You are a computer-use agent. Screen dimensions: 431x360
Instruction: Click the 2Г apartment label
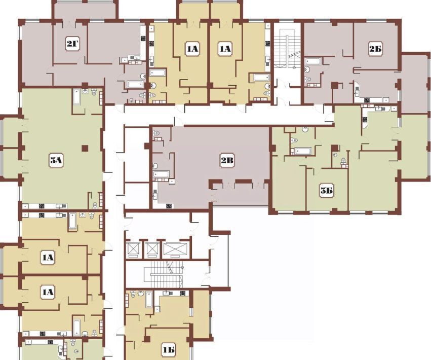72,43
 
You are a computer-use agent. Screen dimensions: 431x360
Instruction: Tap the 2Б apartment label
375,49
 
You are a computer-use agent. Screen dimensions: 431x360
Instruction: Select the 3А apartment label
56,160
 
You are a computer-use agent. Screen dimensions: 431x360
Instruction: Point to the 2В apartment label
227,160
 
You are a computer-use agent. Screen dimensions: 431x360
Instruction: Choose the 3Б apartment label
327,191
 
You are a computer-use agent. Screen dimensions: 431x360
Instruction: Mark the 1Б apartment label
168,350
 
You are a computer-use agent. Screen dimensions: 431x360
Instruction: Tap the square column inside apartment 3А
85,149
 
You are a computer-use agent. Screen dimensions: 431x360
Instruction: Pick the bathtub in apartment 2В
162,174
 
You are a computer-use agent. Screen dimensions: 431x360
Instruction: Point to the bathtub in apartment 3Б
303,151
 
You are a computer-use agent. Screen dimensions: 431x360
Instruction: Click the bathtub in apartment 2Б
312,61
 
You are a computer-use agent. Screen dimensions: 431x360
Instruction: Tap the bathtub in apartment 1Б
149,300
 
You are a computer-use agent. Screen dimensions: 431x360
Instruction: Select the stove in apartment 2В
169,205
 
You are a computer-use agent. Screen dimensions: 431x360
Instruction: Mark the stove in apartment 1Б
182,294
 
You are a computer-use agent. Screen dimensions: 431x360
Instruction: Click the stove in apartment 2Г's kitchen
143,39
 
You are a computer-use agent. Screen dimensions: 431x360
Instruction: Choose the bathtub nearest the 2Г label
135,84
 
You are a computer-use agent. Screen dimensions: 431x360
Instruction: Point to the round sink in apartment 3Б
305,129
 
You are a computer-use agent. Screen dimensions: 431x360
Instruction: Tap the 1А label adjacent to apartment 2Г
192,49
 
